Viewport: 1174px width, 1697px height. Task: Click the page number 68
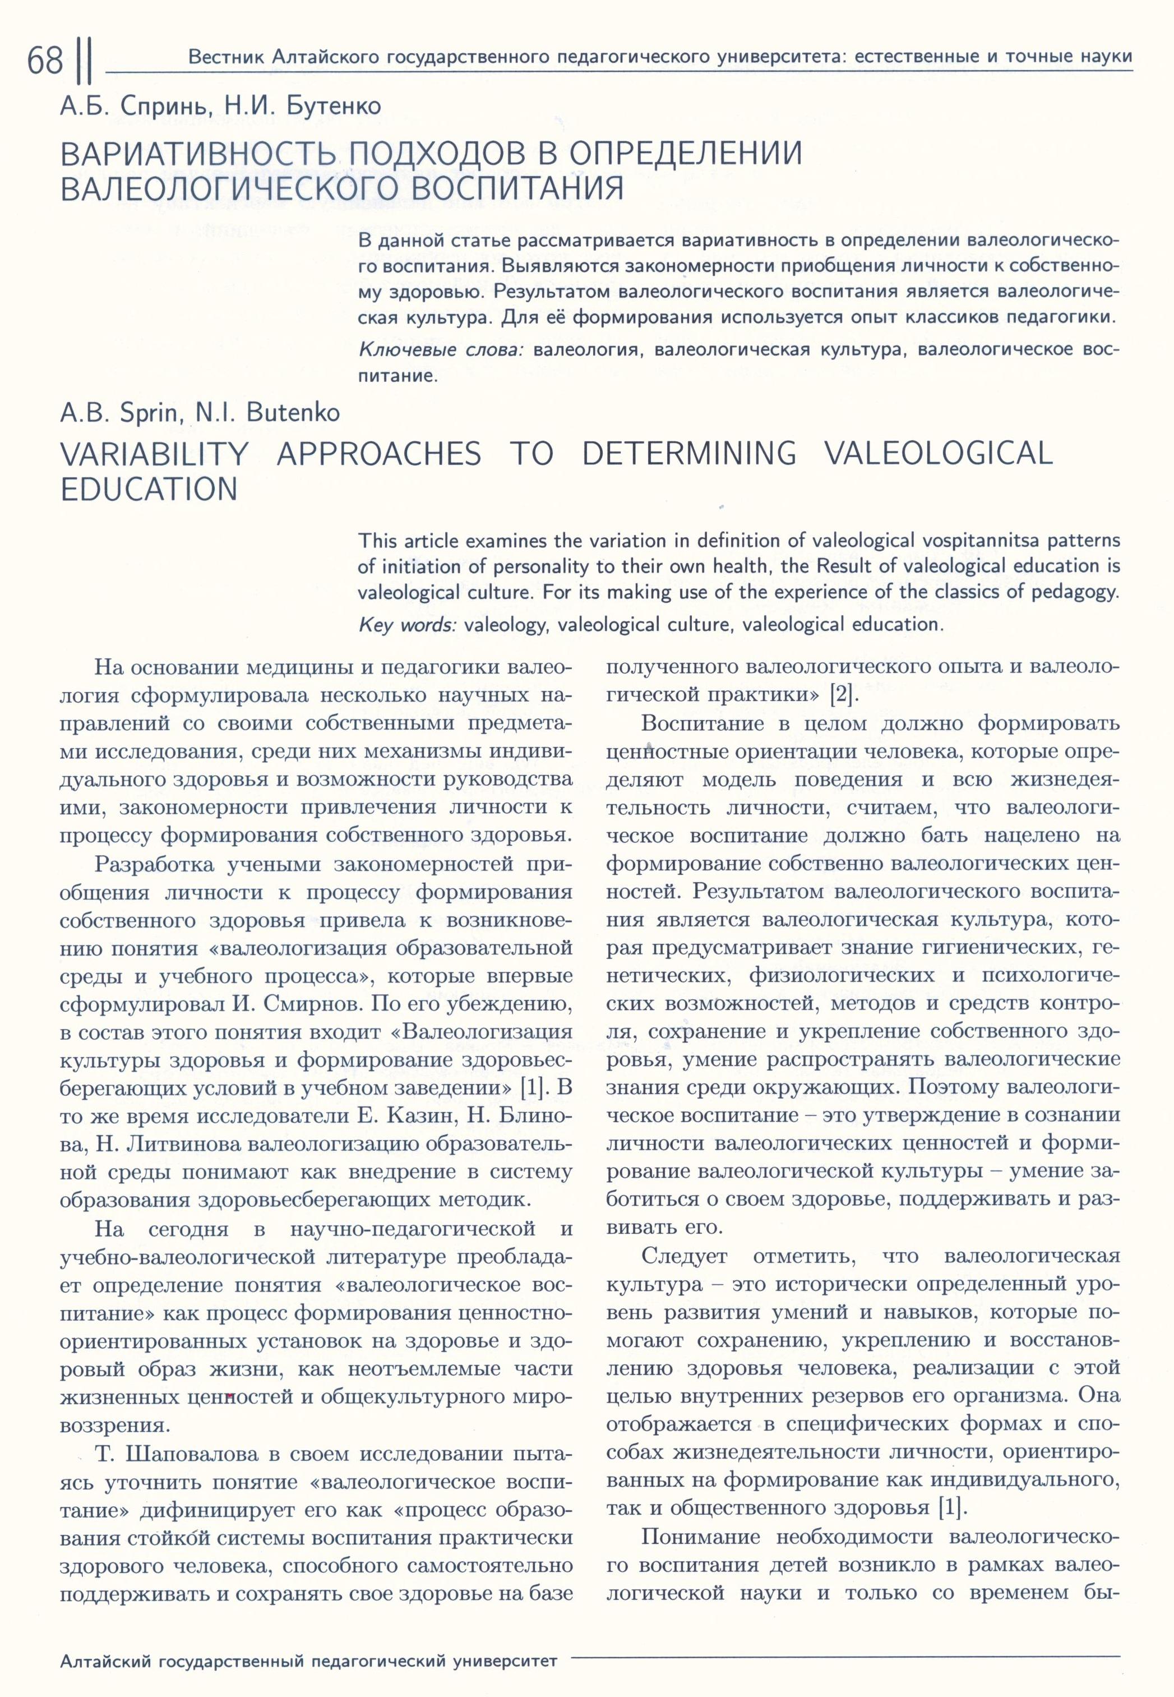pos(45,61)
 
